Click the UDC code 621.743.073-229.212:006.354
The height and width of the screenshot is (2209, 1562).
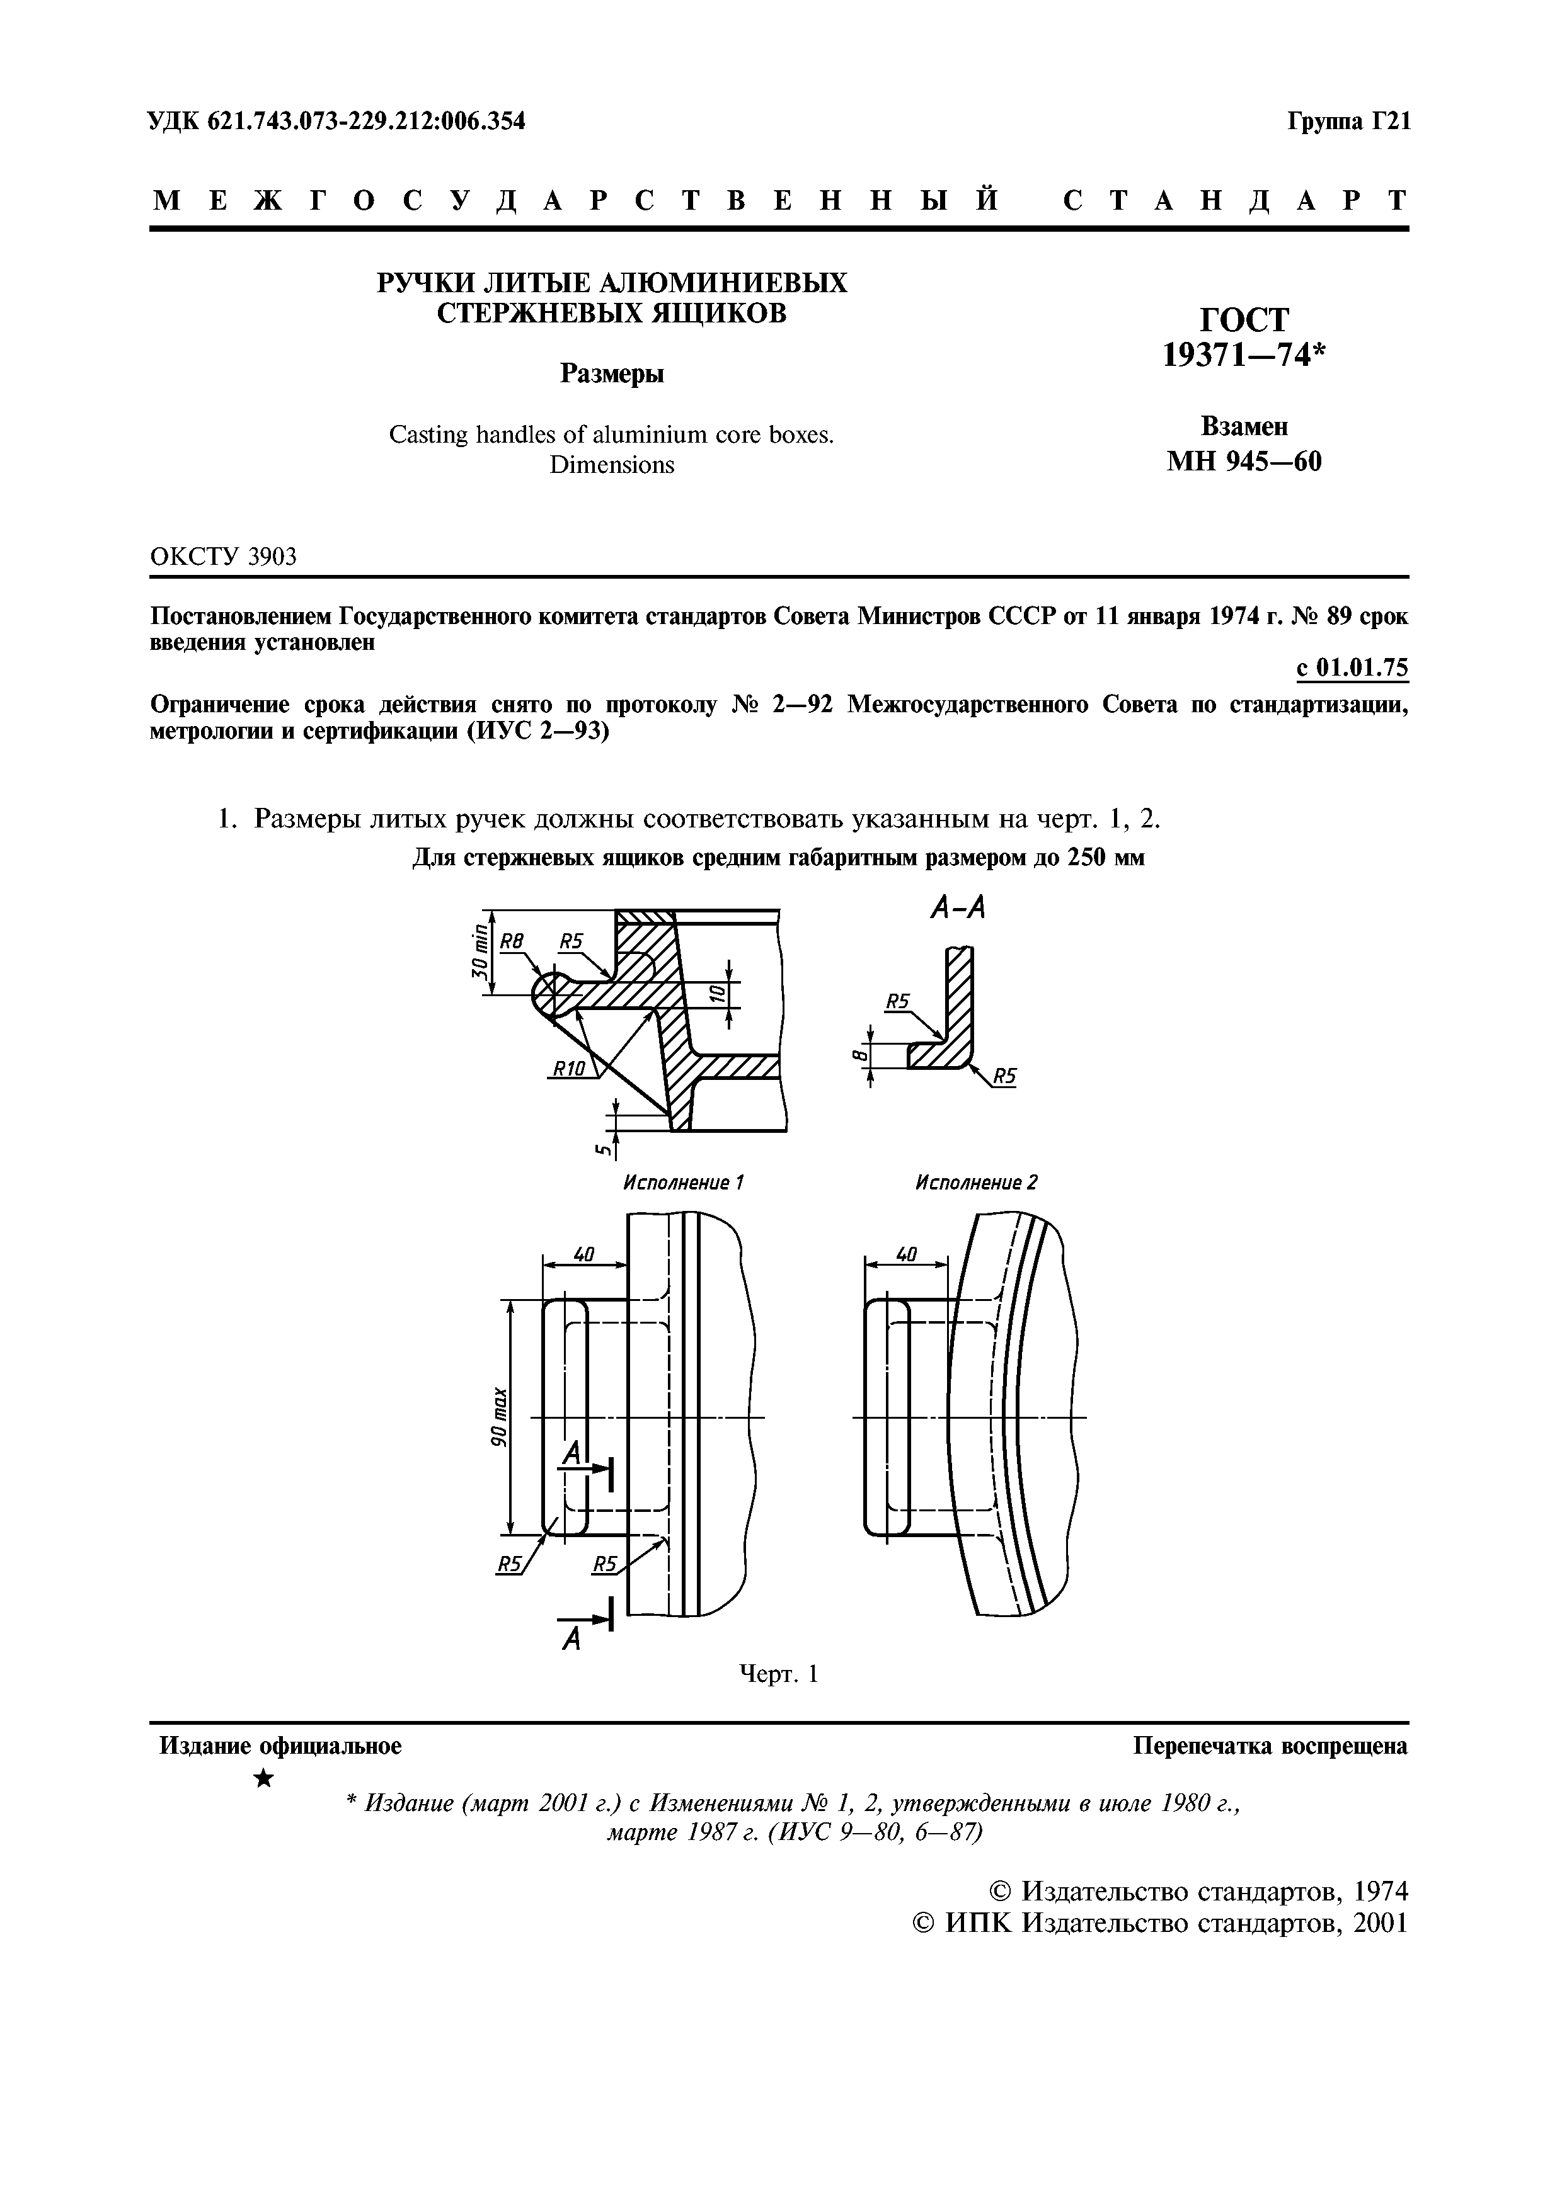(337, 122)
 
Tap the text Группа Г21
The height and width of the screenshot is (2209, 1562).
(1347, 122)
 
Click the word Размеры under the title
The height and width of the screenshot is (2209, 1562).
(612, 373)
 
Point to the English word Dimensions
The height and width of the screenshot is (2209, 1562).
(612, 465)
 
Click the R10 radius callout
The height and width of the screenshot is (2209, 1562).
(569, 1068)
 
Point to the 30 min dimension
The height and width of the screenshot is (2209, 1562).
(478, 951)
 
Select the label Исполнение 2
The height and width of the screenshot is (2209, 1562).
(976, 1183)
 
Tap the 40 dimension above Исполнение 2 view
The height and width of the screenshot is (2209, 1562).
(905, 1254)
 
